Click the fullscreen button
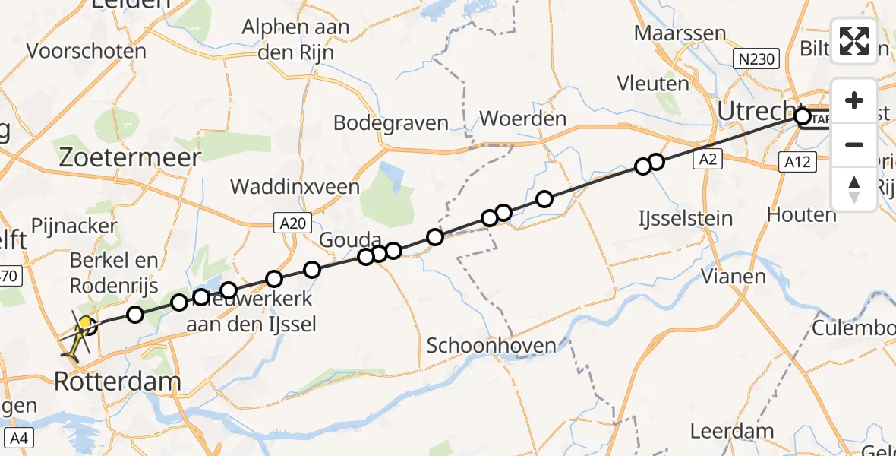tap(854, 41)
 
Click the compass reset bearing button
tap(854, 188)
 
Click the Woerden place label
tap(523, 119)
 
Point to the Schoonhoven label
tap(491, 345)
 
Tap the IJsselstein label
tap(685, 219)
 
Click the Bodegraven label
tap(391, 122)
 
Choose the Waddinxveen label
tap(295, 186)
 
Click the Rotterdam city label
tap(118, 381)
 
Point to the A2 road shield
tap(706, 160)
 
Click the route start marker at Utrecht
tap(803, 117)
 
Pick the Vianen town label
tap(733, 276)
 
